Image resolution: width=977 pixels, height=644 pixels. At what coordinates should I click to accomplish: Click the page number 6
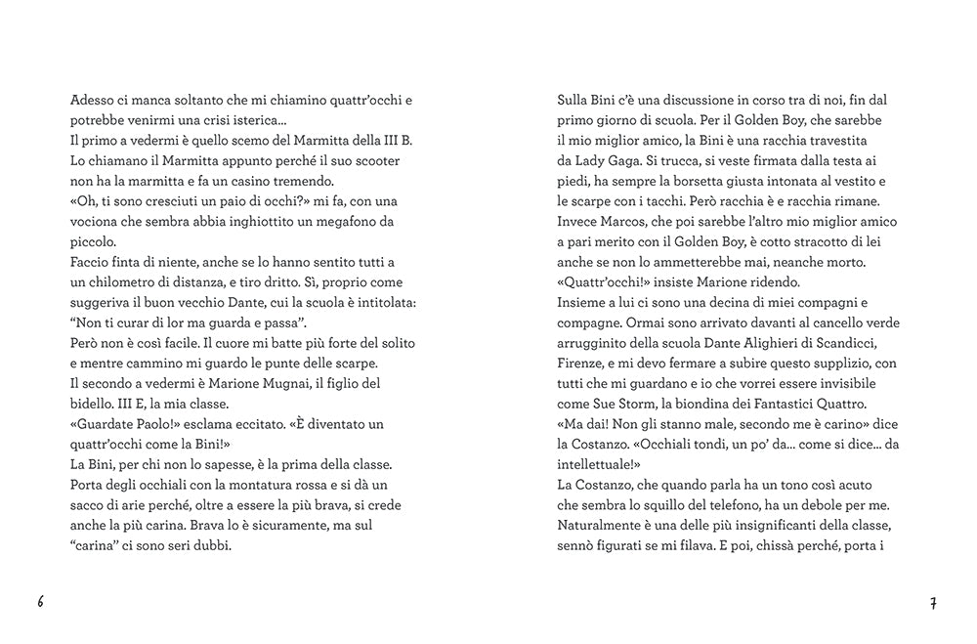(40, 602)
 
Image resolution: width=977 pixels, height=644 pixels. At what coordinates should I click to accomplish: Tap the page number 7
(934, 603)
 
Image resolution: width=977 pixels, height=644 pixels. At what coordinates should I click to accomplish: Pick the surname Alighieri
(770, 343)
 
